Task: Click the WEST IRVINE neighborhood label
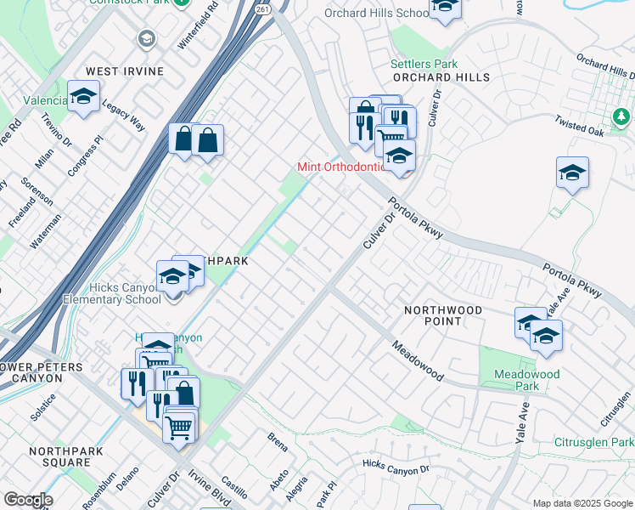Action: pyautogui.click(x=123, y=71)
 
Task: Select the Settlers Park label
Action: pyautogui.click(x=424, y=64)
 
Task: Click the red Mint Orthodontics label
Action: pyautogui.click(x=343, y=167)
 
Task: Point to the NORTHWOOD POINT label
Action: pyautogui.click(x=442, y=315)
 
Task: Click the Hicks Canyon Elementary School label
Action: pyautogui.click(x=112, y=293)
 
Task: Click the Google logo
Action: pyautogui.click(x=27, y=500)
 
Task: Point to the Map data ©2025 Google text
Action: pyautogui.click(x=581, y=503)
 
